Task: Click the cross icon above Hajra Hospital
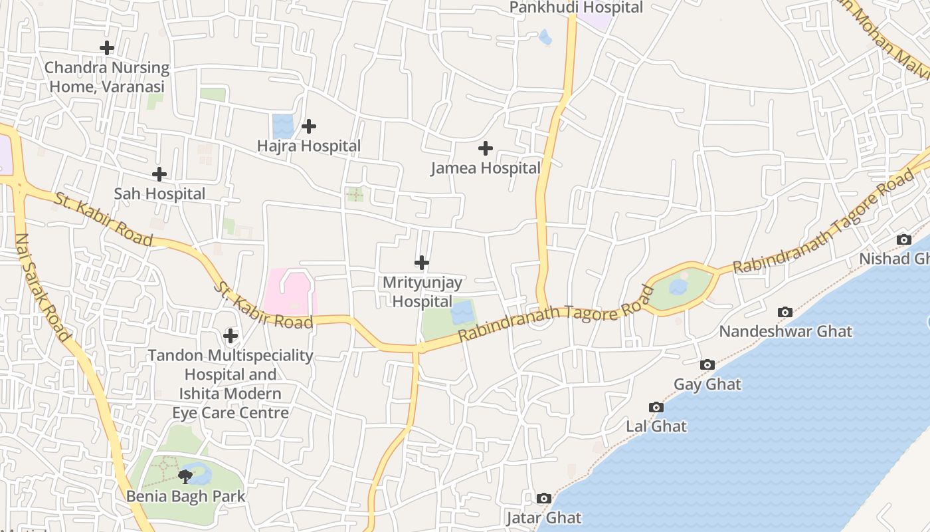(x=309, y=126)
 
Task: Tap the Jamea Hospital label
(x=486, y=168)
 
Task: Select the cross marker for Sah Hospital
(x=159, y=174)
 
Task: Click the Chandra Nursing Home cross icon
(x=107, y=48)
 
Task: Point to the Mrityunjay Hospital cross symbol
(x=422, y=263)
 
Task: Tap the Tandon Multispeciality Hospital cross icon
(x=231, y=336)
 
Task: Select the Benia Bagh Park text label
(x=186, y=496)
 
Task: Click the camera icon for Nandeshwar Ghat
(x=785, y=312)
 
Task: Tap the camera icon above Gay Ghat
(x=707, y=364)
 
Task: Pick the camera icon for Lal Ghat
(x=656, y=407)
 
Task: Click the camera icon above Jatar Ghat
(x=544, y=498)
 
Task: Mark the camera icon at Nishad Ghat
(x=904, y=239)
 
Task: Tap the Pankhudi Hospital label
(x=576, y=7)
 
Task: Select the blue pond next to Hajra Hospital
(x=282, y=126)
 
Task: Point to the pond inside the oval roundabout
(x=678, y=287)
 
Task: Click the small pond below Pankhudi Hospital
(x=545, y=37)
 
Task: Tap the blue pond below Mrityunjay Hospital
(x=463, y=311)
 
